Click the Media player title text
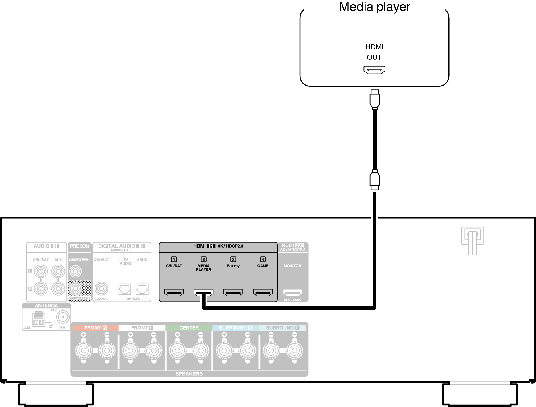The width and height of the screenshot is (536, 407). pos(375,7)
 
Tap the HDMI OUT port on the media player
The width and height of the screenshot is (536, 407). pos(374,70)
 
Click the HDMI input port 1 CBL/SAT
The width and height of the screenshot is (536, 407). pos(174,292)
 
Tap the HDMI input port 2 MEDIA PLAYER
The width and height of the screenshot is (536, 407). pos(203,292)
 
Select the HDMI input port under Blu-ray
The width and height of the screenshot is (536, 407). pos(233,292)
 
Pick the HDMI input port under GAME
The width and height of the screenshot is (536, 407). pos(263,292)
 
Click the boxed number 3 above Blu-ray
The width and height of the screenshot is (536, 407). pos(233,259)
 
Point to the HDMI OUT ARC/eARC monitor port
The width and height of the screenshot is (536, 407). pos(292,293)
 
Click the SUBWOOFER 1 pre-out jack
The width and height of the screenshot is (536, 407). pos(76,271)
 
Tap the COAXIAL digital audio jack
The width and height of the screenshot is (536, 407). pos(101,288)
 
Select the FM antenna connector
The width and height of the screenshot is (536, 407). pos(63,317)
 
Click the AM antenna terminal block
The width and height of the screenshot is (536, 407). pos(38,319)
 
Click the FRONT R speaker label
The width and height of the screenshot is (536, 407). pos(95,328)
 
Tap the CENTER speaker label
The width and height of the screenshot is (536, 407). pos(189,328)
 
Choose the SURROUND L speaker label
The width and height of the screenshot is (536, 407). pos(282,328)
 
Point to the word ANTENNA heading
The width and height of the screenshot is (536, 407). pos(46,306)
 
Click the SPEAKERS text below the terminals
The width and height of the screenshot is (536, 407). pos(189,374)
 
